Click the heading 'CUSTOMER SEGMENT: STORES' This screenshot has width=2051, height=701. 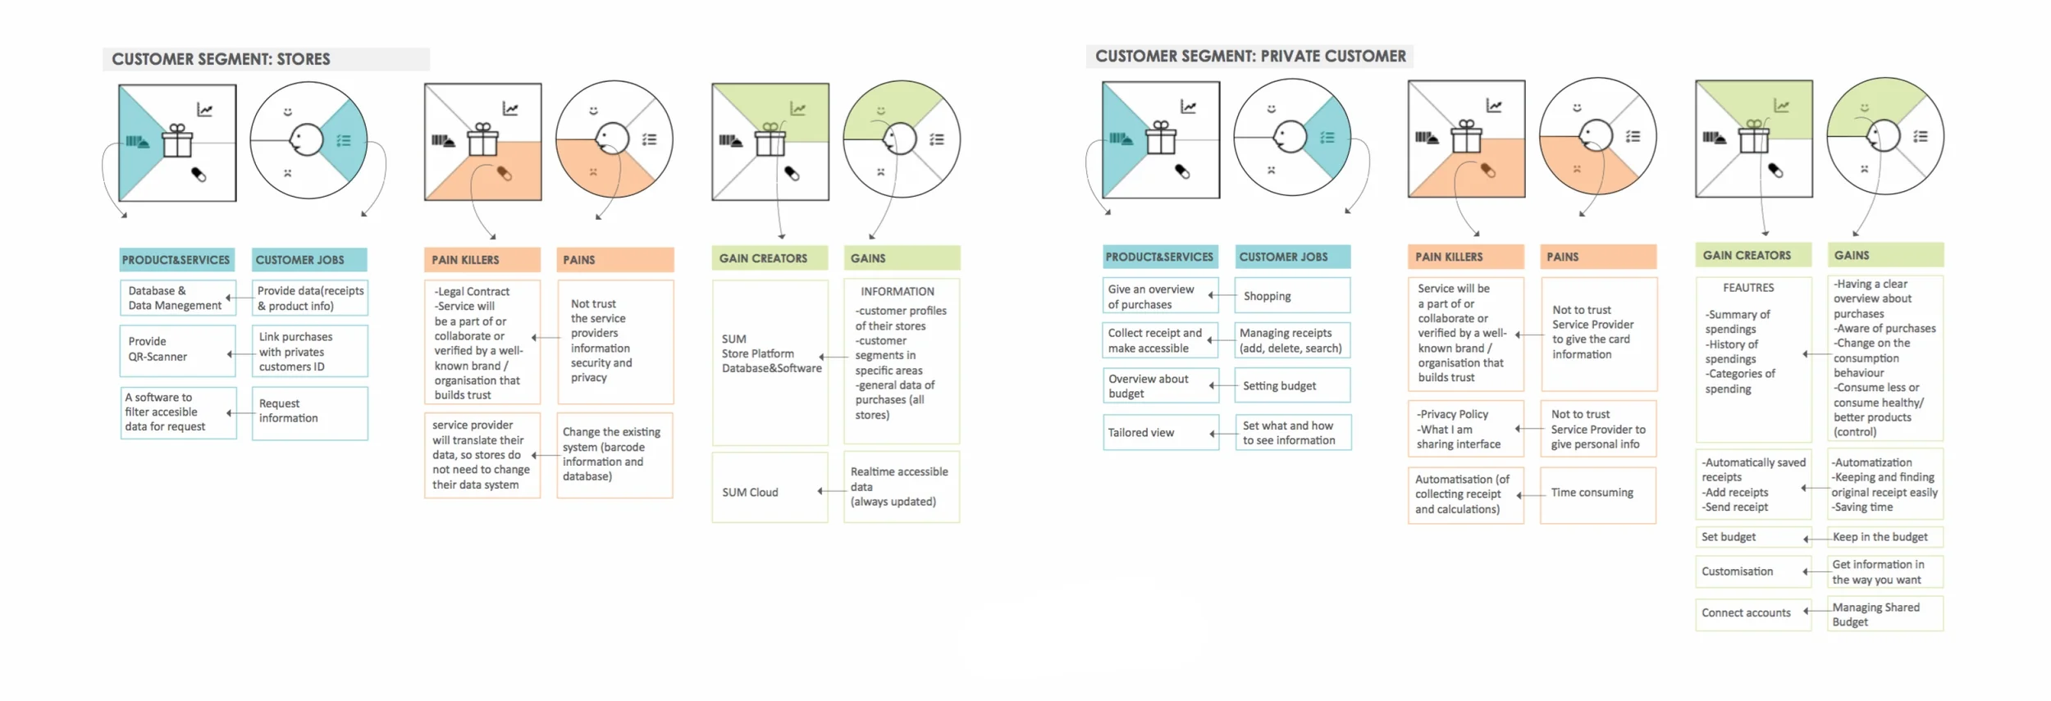point(221,59)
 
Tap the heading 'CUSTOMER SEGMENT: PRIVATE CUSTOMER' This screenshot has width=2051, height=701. point(1249,57)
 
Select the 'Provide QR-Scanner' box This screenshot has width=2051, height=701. point(178,350)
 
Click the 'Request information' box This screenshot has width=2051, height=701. point(309,412)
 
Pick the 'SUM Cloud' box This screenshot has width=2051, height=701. point(770,492)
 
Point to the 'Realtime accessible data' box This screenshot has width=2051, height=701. point(901,487)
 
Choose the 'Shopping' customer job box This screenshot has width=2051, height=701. point(1292,296)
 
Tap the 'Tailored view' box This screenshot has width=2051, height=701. point(1160,433)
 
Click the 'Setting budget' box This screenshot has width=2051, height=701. point(1292,386)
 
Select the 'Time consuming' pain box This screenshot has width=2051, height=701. point(1597,494)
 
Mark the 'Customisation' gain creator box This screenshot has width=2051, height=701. point(1752,571)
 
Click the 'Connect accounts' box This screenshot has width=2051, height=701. point(1752,613)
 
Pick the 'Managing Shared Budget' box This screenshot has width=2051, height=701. point(1884,614)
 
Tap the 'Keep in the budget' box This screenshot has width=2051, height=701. point(1884,537)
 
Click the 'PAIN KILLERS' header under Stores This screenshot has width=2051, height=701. point(482,260)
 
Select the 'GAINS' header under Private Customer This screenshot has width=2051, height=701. point(1884,256)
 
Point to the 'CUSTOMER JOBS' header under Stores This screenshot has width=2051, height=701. point(308,260)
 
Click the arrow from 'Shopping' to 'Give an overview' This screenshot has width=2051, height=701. point(1223,295)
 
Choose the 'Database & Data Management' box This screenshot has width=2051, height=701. point(178,298)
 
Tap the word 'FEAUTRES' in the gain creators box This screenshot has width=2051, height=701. point(1748,288)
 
